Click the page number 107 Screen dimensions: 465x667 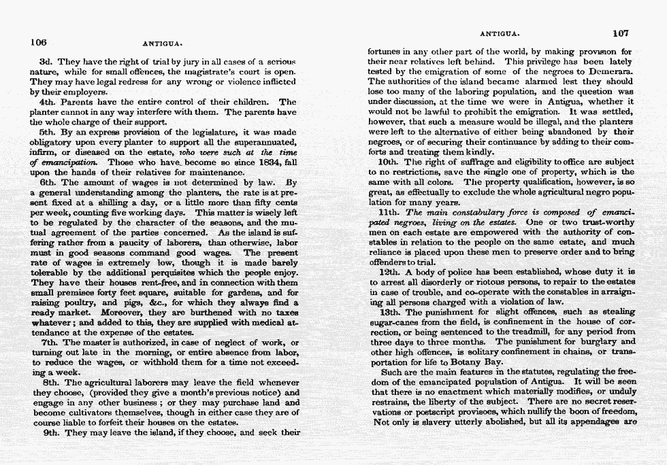(x=620, y=33)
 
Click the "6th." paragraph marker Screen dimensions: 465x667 (x=52, y=183)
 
